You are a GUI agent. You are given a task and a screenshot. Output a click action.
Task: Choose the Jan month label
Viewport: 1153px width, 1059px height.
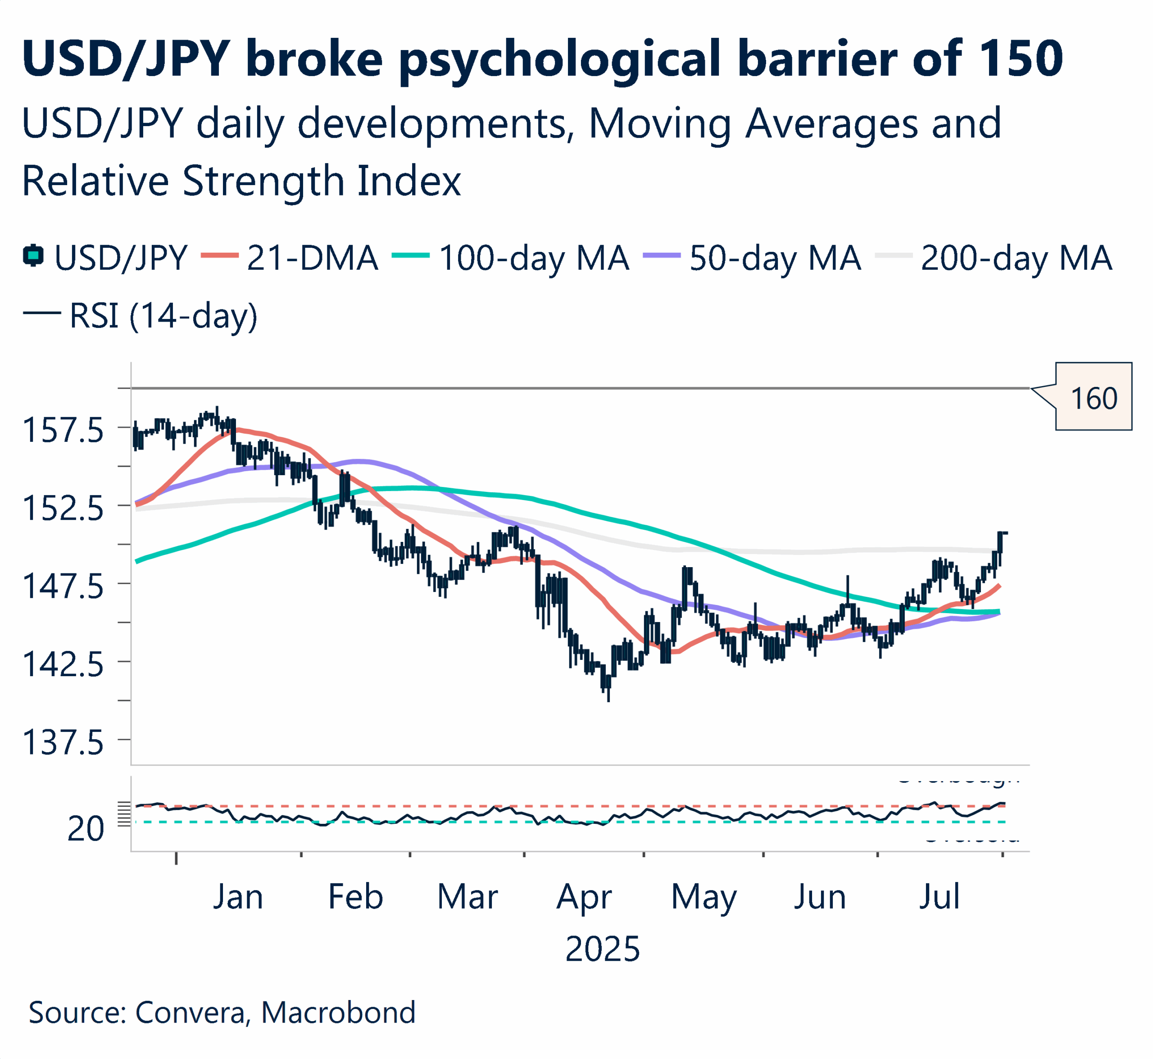click(x=238, y=897)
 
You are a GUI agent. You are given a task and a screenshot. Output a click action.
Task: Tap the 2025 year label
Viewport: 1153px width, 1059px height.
click(x=602, y=949)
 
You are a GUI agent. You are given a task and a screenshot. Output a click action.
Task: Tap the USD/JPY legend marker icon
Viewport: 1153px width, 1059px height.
click(x=33, y=255)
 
